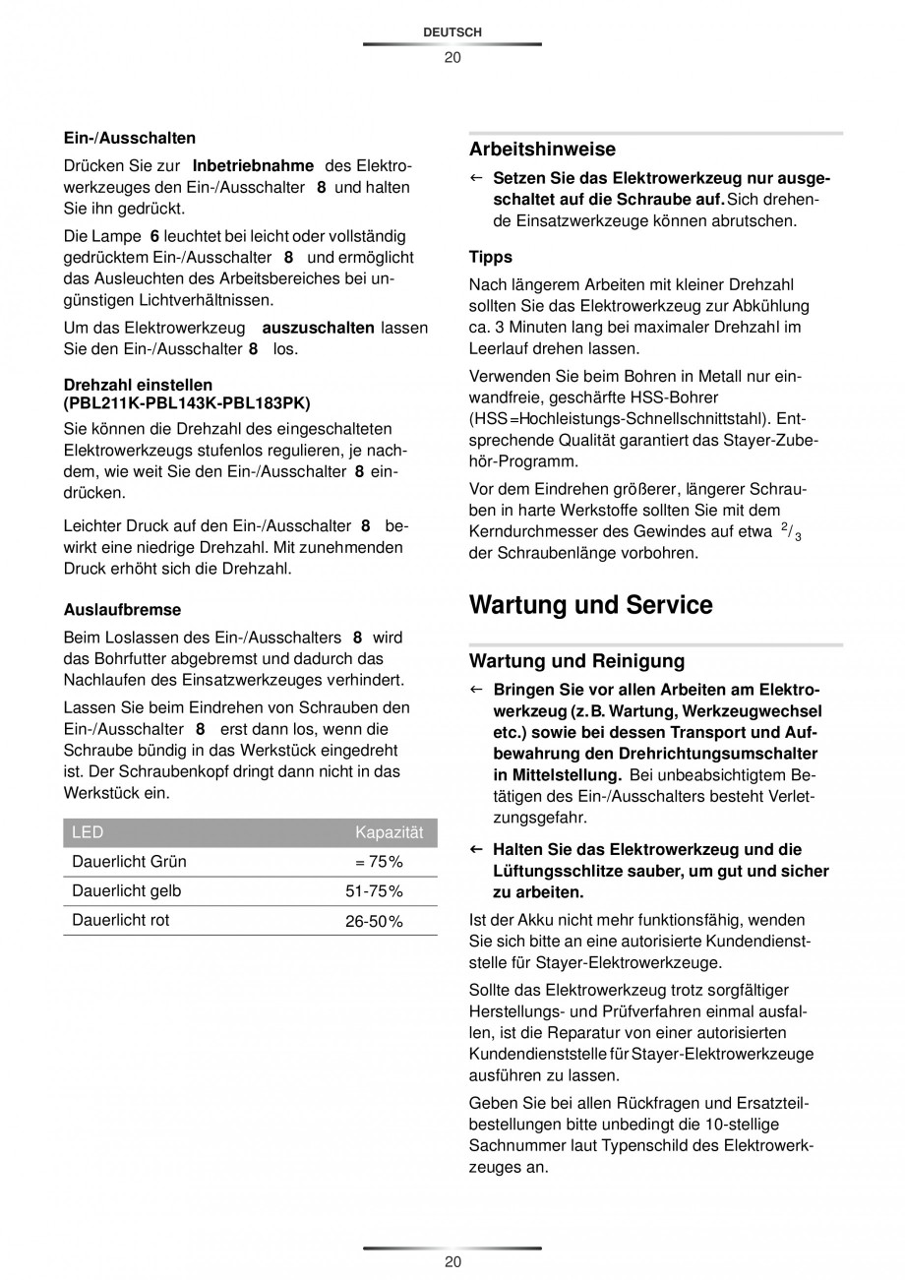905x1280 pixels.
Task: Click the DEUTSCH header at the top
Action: (452, 32)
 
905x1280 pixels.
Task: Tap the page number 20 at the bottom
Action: (452, 1262)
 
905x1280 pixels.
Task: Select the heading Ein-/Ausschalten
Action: (129, 138)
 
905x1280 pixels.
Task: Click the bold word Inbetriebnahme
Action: (253, 165)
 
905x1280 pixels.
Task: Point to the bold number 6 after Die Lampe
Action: (154, 236)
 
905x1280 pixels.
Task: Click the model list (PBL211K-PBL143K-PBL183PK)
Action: (187, 402)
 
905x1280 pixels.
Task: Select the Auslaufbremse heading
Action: (122, 609)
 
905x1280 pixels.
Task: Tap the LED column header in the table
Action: (88, 833)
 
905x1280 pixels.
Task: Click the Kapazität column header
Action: (389, 833)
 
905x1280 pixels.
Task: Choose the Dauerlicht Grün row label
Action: (129, 862)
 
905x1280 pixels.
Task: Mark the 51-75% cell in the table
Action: (374, 891)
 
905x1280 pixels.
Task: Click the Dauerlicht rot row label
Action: (120, 920)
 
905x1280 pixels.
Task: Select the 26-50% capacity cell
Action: (374, 921)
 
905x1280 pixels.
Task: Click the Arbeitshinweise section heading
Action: (542, 150)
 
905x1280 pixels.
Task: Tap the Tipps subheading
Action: (490, 257)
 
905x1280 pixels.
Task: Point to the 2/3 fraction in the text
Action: (791, 532)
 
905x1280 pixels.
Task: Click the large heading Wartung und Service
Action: (590, 604)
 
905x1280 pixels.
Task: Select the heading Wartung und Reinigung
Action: (576, 660)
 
